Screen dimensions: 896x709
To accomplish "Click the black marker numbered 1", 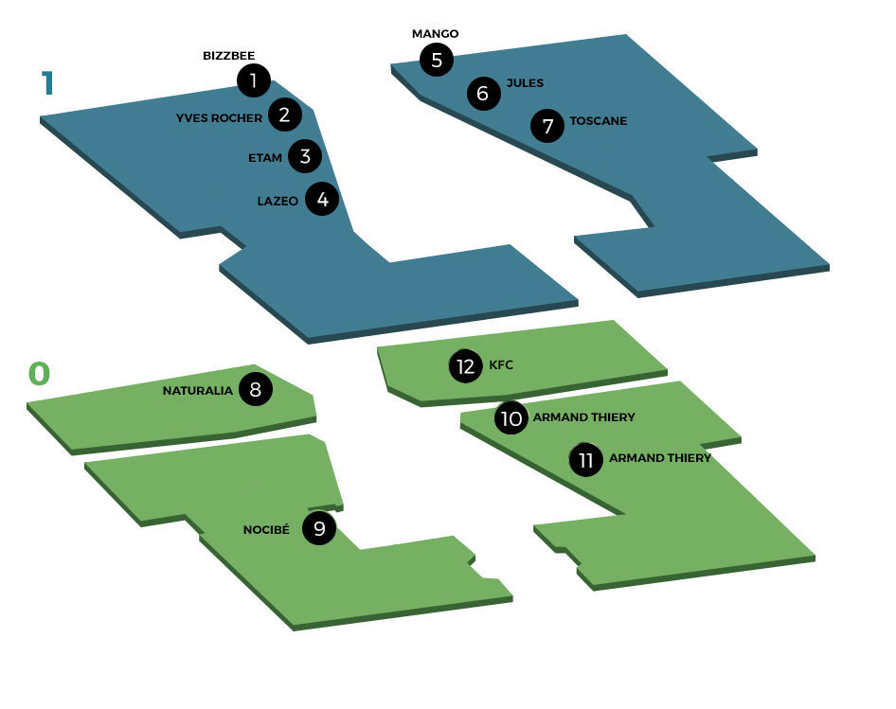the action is point(254,80).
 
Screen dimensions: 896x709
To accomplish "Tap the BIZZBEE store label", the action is point(228,56).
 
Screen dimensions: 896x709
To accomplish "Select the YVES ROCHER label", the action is point(219,118).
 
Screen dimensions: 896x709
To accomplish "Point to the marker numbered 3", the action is point(305,156).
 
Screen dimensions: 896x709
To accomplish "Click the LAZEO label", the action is point(278,201).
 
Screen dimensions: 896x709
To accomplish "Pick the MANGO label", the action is point(435,34).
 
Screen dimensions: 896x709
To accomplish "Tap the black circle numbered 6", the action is point(483,93).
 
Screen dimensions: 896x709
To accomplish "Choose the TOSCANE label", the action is point(599,121).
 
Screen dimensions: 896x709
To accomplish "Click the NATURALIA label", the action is point(197,391).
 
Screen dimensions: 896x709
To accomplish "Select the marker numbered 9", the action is point(319,528).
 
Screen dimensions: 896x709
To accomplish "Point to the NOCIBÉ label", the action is point(266,529).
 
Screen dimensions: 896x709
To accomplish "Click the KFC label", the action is point(501,365).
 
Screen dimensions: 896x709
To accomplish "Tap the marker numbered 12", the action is point(466,366).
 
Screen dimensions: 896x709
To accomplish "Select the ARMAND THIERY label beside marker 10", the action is point(584,417).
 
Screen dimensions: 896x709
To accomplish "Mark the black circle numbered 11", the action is point(585,459).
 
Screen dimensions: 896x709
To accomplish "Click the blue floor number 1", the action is point(48,83).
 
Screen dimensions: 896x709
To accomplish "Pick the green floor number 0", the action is point(39,374).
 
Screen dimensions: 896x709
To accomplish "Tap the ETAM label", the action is point(265,158).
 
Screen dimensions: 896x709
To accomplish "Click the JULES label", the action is point(525,83).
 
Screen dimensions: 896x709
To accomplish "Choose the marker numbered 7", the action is point(547,126).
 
